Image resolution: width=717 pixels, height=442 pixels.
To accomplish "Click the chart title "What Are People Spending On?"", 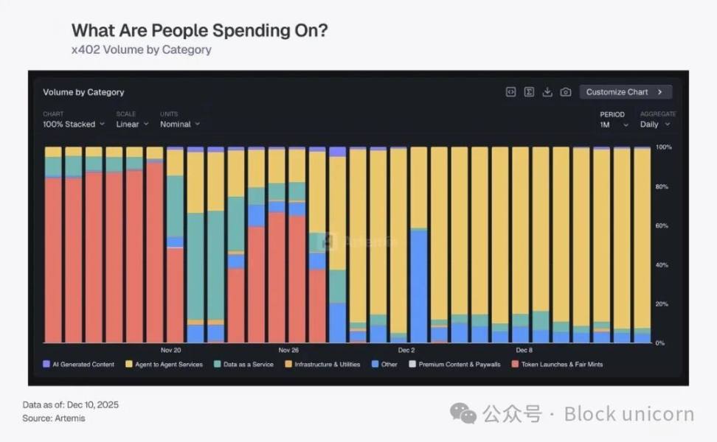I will (199, 30).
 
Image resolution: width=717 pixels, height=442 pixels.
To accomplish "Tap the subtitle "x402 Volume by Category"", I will (141, 50).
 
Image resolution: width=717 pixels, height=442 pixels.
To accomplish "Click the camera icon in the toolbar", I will (566, 92).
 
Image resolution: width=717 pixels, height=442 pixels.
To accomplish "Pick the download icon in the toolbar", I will (547, 92).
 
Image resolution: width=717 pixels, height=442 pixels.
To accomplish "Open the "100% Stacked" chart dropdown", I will (73, 124).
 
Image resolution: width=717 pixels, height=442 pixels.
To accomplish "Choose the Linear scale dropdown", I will (132, 124).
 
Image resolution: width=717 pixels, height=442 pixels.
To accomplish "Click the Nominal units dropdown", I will (179, 124).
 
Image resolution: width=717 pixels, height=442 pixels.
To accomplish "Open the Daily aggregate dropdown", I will (654, 124).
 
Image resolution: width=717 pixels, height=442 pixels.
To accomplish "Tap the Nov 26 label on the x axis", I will (288, 350).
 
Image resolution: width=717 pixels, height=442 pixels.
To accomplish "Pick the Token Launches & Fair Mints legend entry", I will (557, 365).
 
